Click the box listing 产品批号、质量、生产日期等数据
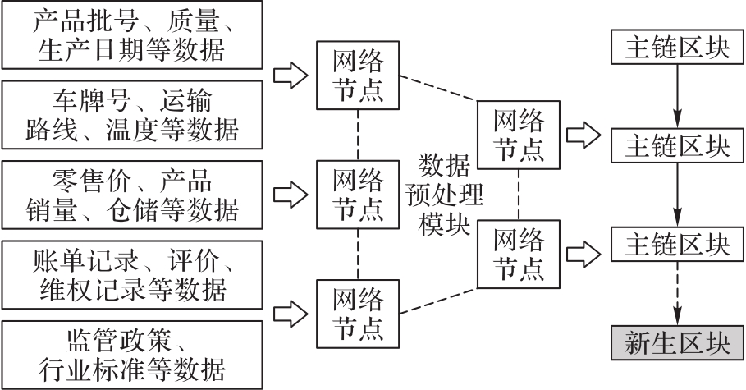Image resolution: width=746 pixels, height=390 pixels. click(132, 37)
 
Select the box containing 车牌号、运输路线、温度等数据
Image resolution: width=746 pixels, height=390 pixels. click(132, 115)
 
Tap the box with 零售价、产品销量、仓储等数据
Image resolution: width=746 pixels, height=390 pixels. click(132, 195)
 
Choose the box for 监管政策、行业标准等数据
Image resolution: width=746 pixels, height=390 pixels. click(132, 352)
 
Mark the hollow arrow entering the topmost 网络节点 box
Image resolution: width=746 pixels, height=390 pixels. click(288, 76)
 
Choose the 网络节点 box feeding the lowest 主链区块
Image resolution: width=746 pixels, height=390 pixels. click(519, 254)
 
